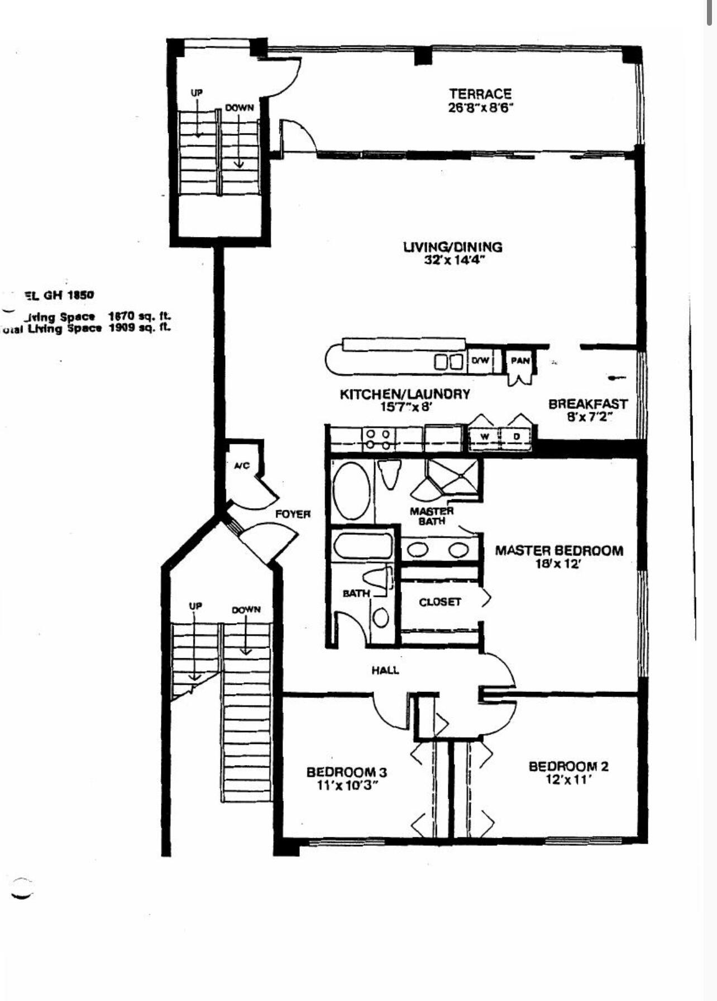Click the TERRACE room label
pos(480,94)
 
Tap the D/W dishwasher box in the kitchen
pos(480,361)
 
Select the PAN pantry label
pos(520,360)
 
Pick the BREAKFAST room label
pos(587,404)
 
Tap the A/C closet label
pos(241,466)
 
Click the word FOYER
pos(293,514)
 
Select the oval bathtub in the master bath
pos(351,490)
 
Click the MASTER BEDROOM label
pos(559,551)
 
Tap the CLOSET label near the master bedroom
pos(440,602)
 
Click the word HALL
pos(385,670)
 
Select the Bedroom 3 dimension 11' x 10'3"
pos(346,785)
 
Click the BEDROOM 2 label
pos(568,766)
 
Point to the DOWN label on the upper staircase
pos(239,108)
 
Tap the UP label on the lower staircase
pos(195,606)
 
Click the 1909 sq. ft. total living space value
pos(140,328)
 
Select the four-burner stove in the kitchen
pos(378,439)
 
